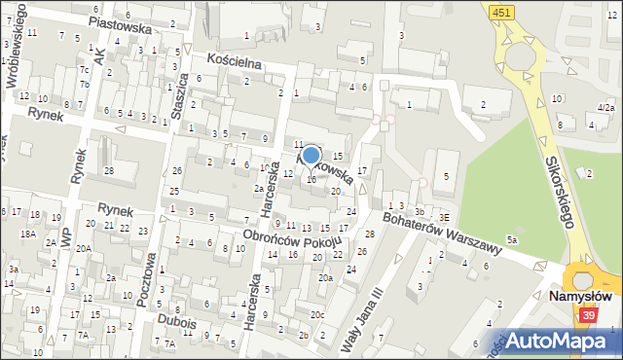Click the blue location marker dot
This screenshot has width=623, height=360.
click(311, 156)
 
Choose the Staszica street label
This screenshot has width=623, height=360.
click(180, 93)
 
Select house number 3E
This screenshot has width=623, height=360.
click(444, 217)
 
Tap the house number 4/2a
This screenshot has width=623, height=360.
click(605, 107)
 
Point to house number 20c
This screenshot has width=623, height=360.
click(317, 314)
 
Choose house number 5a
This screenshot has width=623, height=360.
click(510, 238)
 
